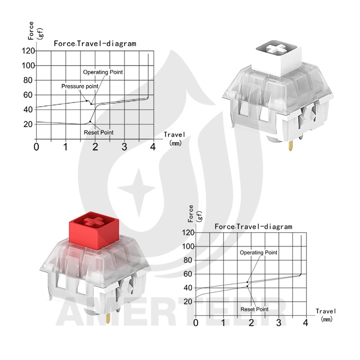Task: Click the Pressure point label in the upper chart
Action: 80,86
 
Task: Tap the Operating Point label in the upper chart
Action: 103,72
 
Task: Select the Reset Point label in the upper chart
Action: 99,132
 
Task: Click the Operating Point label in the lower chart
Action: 258,252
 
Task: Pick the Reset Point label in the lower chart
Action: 254,309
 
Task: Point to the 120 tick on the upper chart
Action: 28,51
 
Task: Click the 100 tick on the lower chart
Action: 188,246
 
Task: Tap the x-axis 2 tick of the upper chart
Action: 95,147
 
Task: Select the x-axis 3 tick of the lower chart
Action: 279,323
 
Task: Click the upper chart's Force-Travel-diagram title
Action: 95,44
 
